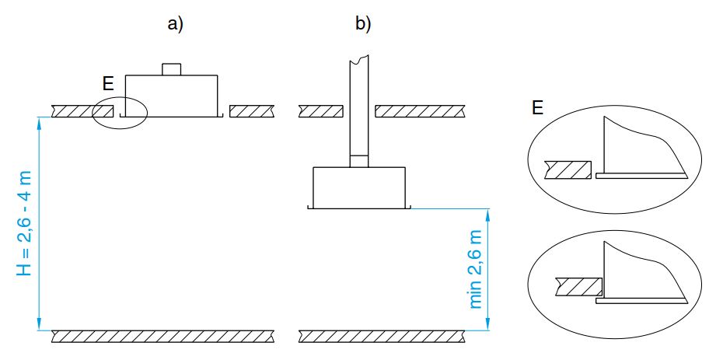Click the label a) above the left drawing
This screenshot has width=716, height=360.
(x=176, y=24)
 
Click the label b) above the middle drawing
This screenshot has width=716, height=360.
(x=363, y=24)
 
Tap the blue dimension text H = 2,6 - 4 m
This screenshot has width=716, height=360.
(x=25, y=223)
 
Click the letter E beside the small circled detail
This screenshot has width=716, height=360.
(x=108, y=84)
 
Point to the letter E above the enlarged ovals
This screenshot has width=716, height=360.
(x=537, y=108)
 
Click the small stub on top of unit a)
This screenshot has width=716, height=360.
(x=172, y=69)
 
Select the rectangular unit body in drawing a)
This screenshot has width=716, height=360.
(x=171, y=96)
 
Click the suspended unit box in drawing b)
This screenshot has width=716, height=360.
(x=359, y=187)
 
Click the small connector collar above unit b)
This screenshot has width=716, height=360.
(x=359, y=161)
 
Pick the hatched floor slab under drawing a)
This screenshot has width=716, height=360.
(x=162, y=336)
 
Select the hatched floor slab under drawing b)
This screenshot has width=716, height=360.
(x=382, y=336)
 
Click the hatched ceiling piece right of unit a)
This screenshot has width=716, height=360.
(x=252, y=111)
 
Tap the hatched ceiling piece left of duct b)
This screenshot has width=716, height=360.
(x=320, y=111)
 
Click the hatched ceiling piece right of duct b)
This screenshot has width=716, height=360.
(x=421, y=111)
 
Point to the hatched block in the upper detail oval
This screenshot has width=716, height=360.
(x=568, y=170)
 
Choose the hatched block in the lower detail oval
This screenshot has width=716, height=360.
(x=578, y=286)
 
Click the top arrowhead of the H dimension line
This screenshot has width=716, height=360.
(x=40, y=121)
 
